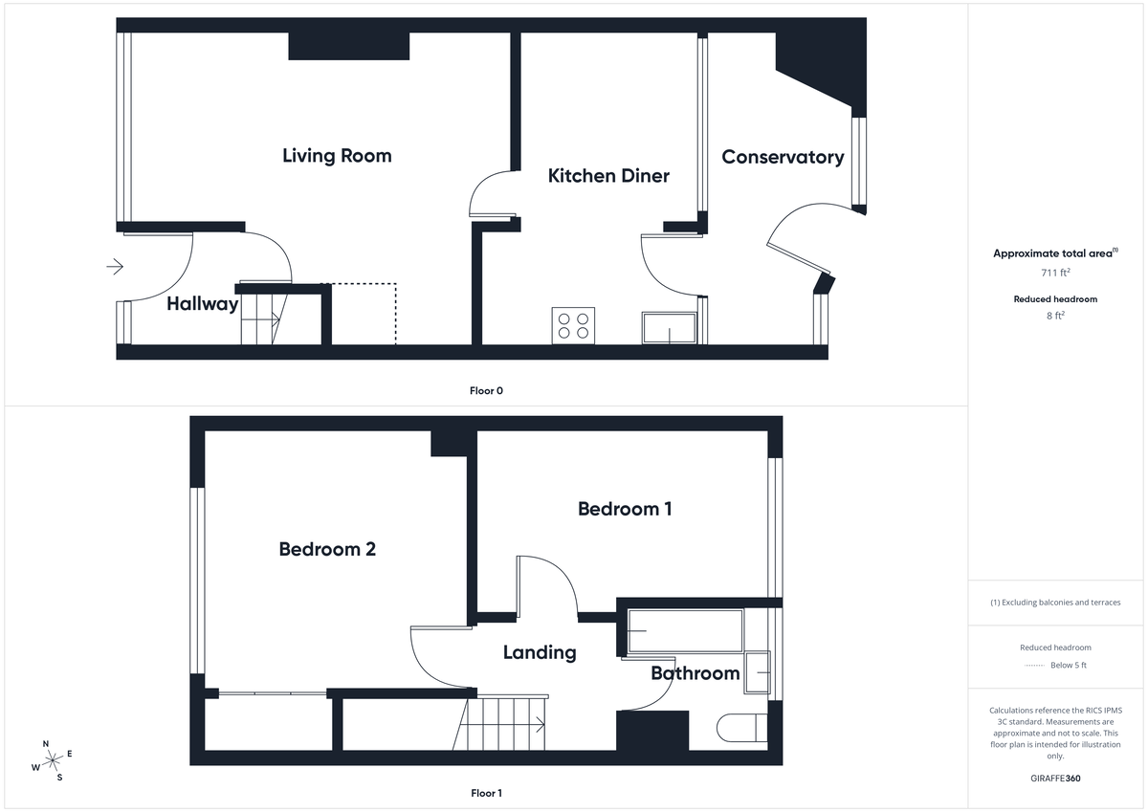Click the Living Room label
pos(337,156)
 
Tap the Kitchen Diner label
pos(608,176)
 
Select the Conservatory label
pos(783,157)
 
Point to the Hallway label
pos(202,304)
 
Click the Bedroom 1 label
pos(625,509)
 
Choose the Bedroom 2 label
pos(327,549)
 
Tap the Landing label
pos(540,652)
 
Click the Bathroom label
pos(695,673)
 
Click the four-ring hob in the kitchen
pos(573,326)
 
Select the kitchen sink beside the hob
pos(669,328)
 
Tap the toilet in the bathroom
pos(742,730)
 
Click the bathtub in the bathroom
pos(685,630)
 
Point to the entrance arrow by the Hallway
pos(115,267)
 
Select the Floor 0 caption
pos(486,390)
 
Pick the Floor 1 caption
pos(486,793)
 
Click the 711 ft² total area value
pos(1055,273)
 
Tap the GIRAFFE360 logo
pos(1055,779)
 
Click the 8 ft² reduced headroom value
pos(1055,314)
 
